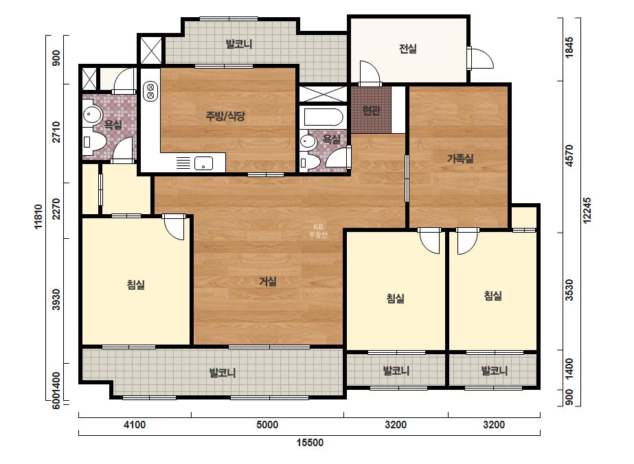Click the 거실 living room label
(x=268, y=281)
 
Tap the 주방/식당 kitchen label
(x=225, y=117)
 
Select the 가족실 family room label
(x=460, y=159)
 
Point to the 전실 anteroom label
(x=407, y=49)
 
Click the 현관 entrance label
(x=371, y=110)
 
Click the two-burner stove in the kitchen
(x=150, y=91)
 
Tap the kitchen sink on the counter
(x=203, y=163)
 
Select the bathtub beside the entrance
(x=324, y=117)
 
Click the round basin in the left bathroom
(x=93, y=115)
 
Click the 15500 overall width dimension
(x=310, y=443)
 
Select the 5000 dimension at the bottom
(x=267, y=425)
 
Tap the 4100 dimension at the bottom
(x=135, y=425)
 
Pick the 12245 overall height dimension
(x=587, y=210)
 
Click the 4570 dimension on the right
(x=569, y=156)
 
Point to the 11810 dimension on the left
(x=38, y=217)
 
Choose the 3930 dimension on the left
(x=56, y=299)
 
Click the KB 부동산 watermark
(x=318, y=231)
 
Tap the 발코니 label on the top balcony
(x=239, y=44)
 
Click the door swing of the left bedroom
(x=174, y=227)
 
